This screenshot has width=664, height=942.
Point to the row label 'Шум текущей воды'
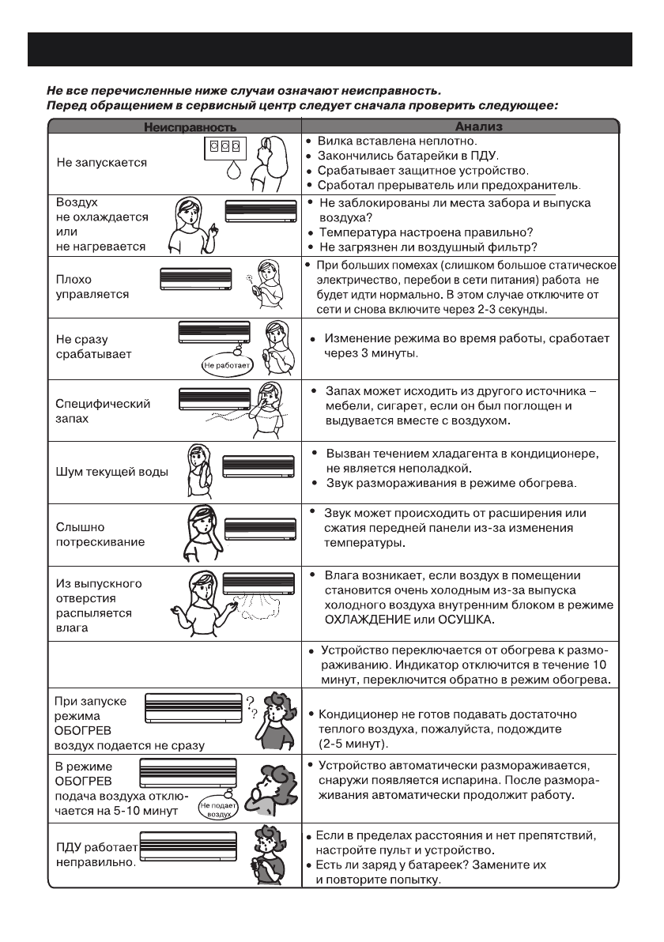pyautogui.click(x=112, y=473)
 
